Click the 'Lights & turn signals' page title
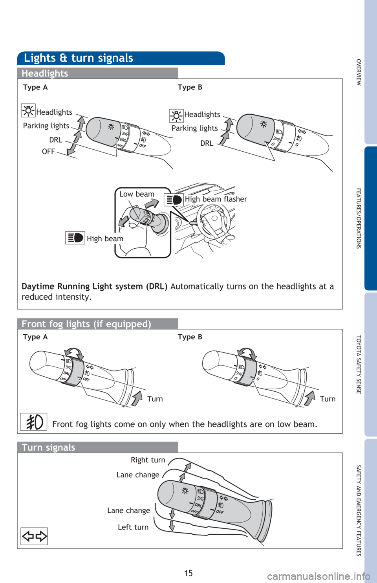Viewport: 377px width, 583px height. pos(79,58)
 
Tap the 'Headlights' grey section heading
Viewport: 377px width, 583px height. pos(45,73)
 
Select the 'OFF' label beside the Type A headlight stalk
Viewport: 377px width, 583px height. pos(48,152)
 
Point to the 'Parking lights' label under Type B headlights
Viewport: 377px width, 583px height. pos(194,128)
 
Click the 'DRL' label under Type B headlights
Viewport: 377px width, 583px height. pos(207,143)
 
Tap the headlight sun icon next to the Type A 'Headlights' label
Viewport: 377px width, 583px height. pos(28,110)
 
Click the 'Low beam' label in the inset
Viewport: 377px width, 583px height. pos(137,194)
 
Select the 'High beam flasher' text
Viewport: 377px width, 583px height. pos(216,199)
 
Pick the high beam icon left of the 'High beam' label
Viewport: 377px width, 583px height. pos(75,238)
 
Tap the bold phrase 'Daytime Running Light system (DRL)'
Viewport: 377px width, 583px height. pos(94,286)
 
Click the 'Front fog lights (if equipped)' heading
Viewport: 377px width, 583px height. pos(86,324)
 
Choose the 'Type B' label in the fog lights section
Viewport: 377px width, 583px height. pos(190,337)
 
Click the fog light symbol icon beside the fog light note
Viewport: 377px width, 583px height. pos(34,422)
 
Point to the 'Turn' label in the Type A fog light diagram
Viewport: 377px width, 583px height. pos(155,399)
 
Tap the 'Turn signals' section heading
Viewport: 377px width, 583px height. pos(48,447)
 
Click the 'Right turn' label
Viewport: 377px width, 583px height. pos(148,460)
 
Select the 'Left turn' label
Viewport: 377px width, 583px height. pos(133,527)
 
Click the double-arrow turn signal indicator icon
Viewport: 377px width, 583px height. pos(34,536)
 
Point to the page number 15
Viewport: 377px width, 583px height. pos(188,573)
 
